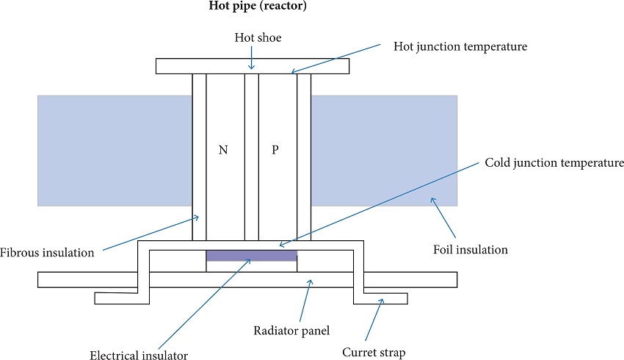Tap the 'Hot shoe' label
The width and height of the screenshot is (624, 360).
tap(252, 38)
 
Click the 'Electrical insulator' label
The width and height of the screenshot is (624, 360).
tap(139, 356)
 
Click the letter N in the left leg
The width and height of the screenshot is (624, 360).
tap(223, 150)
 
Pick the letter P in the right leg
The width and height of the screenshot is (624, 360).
tap(275, 150)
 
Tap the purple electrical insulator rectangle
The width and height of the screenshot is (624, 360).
tap(252, 256)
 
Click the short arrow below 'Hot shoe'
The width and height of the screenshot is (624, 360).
tap(252, 59)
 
